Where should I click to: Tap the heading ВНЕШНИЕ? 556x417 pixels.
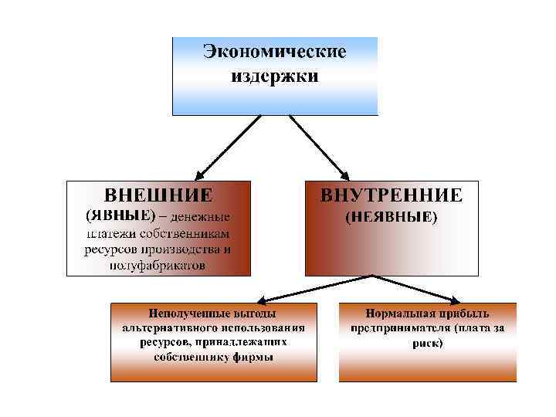point(158,193)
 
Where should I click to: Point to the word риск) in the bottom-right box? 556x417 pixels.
point(427,343)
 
